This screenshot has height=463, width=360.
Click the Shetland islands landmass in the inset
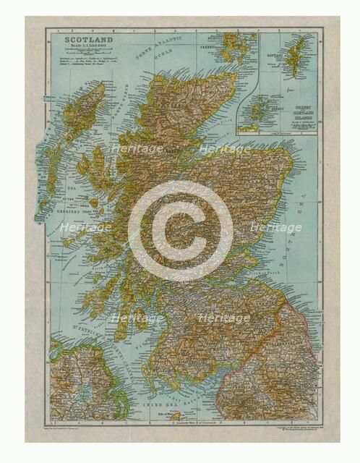click(x=296, y=58)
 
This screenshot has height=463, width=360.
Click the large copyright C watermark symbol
click(x=180, y=230)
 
